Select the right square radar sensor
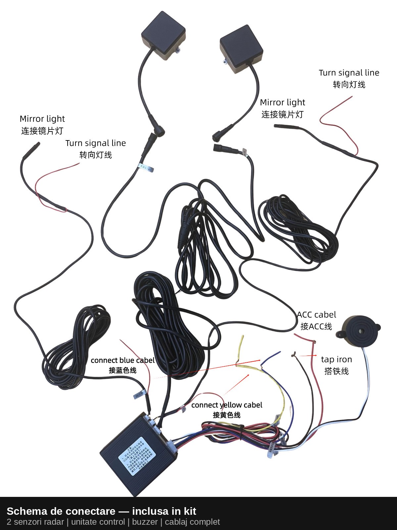241,50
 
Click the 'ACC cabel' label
316,315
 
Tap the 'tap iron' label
336,359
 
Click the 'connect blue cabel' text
123,360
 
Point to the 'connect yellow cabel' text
226,405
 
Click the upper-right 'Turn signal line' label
349,73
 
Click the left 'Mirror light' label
42,119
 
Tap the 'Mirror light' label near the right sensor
282,102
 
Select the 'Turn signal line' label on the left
96,143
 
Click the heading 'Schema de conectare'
61,511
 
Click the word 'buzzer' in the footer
145,522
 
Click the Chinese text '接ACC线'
316,327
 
